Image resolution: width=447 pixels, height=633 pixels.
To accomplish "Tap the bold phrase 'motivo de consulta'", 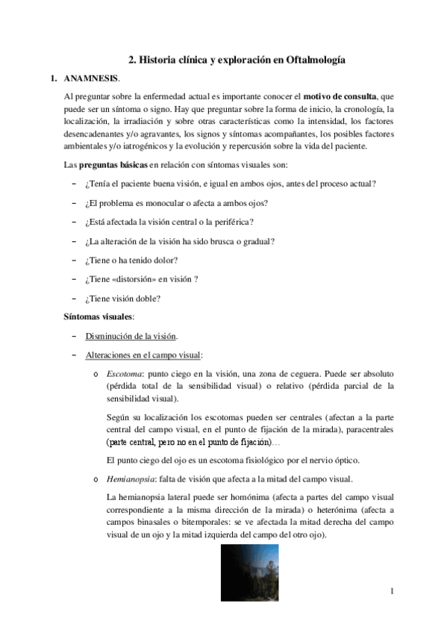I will (x=340, y=97).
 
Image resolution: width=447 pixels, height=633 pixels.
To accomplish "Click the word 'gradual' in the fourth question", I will (x=255, y=242).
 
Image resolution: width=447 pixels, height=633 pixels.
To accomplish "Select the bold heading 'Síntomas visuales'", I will (x=98, y=317).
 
